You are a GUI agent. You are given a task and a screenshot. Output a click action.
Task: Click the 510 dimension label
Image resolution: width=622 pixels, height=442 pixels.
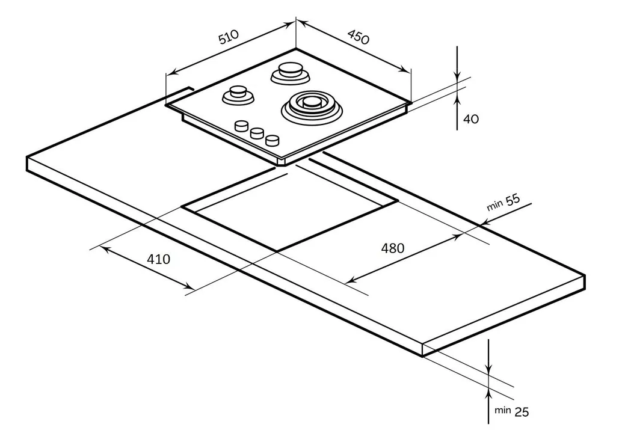229,38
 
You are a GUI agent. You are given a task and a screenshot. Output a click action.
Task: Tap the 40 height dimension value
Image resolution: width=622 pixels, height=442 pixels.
471,119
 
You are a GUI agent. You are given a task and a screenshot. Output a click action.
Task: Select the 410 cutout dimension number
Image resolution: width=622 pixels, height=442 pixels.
159,259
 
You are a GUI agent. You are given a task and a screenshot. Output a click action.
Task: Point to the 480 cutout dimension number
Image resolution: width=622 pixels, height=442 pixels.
393,248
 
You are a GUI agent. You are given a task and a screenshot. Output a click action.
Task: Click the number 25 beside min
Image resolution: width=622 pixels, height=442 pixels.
522,412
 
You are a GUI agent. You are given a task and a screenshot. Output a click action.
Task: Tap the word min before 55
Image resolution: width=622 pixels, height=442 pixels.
494,206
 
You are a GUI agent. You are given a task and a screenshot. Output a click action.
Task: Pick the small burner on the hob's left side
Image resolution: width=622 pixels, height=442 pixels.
238,94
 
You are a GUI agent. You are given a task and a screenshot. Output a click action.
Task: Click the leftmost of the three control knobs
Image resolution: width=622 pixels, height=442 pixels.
242,125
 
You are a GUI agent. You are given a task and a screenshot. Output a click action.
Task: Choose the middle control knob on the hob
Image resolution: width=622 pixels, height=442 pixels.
257,133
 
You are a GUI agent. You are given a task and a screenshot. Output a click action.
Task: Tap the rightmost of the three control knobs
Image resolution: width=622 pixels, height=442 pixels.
273,140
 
